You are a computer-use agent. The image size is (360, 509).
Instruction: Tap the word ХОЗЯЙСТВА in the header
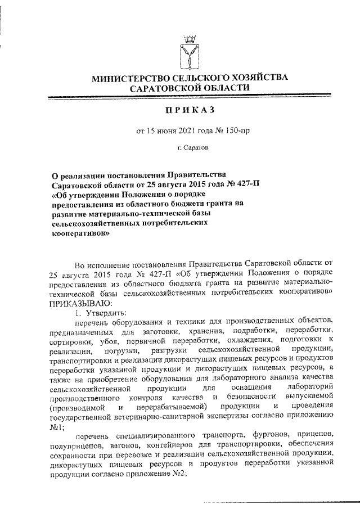pos(258,78)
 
